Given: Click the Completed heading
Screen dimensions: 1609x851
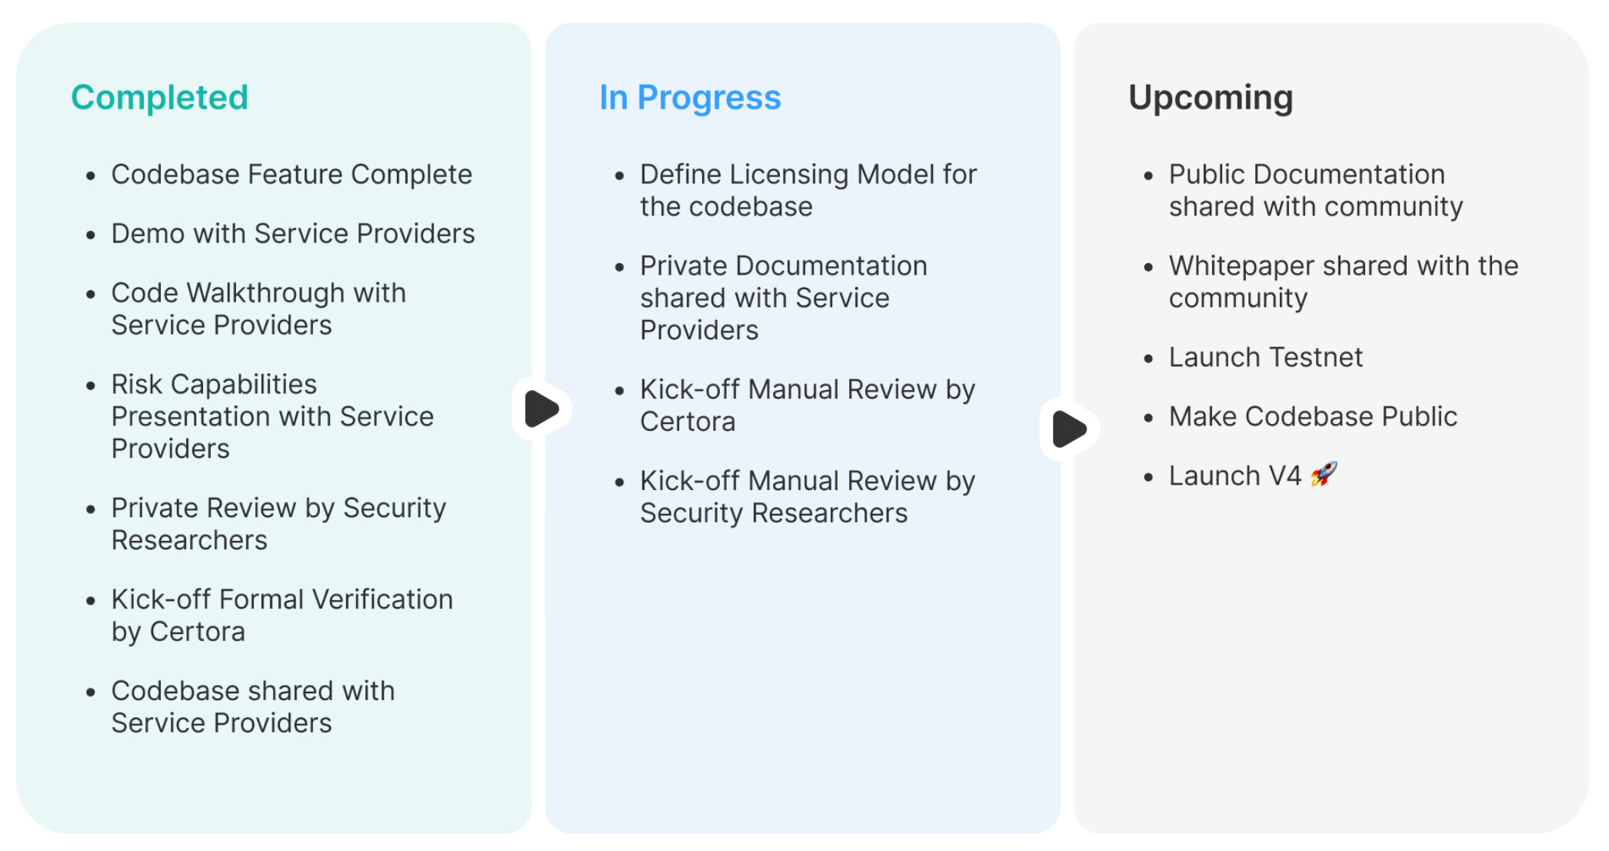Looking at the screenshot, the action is coord(159,98).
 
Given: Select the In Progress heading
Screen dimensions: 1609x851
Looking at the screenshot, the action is coord(690,98).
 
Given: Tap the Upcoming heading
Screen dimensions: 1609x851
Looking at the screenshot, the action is coord(1211,98).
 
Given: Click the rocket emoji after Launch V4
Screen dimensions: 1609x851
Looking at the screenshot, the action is coord(1324,474).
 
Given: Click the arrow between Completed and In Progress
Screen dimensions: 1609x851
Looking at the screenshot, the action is coord(541,409).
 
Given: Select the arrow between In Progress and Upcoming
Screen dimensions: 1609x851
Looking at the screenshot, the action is coord(1069,429).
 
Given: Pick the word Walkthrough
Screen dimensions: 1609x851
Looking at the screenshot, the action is coord(266,293).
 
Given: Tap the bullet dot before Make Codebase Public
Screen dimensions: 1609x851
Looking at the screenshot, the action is coord(1148,418).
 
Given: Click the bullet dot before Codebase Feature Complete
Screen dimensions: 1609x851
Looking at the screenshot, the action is coord(91,176).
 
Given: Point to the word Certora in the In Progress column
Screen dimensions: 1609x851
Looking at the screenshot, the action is coord(688,422).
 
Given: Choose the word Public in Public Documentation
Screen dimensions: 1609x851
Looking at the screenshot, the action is coord(1207,175).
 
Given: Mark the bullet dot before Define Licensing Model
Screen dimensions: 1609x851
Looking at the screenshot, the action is coord(620,176).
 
